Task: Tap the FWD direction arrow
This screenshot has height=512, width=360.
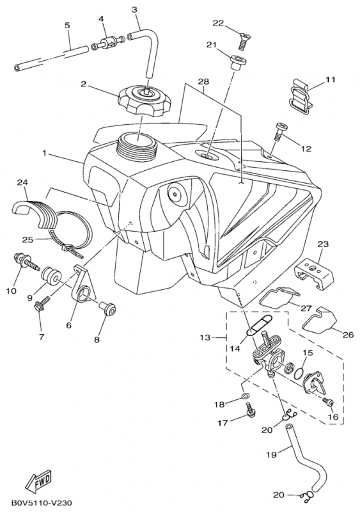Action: click(x=38, y=482)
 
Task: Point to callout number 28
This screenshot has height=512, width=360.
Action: click(x=203, y=81)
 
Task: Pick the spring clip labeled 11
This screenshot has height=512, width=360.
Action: click(x=301, y=97)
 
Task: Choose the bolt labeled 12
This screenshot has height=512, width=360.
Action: click(x=279, y=131)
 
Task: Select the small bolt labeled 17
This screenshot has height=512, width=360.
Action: click(x=250, y=410)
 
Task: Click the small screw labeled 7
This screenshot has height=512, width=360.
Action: click(x=42, y=303)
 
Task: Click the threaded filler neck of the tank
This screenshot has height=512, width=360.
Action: click(x=137, y=147)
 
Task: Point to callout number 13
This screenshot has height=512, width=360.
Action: click(x=205, y=337)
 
